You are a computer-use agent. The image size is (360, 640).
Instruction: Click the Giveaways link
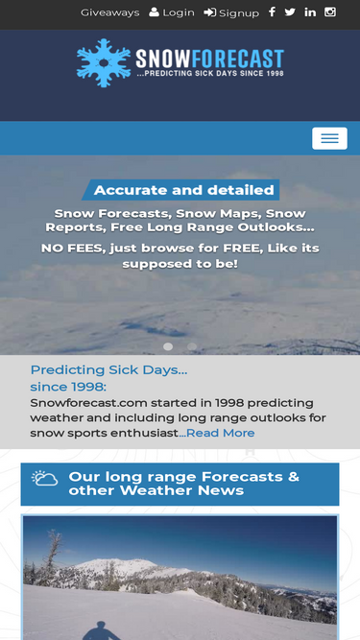point(109,12)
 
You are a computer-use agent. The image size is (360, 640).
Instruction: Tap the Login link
point(172,12)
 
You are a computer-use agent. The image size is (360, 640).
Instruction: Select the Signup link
point(231,13)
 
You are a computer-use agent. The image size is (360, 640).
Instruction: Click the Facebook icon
point(272,12)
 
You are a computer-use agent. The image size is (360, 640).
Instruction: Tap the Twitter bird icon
point(290,12)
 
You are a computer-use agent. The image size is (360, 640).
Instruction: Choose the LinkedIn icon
point(310,12)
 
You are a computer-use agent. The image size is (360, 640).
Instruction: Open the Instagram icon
point(330,12)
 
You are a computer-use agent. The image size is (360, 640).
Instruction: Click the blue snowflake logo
point(104,62)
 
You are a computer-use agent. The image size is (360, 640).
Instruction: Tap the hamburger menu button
point(330,138)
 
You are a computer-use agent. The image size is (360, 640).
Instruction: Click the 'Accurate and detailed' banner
point(180,190)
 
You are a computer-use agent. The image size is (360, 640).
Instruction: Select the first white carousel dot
point(168,346)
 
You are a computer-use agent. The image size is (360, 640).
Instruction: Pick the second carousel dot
point(192,346)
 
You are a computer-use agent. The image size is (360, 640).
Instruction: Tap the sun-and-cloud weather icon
point(44,478)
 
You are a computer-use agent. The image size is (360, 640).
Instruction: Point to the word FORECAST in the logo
point(237,59)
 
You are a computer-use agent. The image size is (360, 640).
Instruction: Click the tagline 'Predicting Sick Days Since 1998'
point(210,74)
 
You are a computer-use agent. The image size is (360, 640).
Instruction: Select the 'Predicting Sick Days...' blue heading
point(109,369)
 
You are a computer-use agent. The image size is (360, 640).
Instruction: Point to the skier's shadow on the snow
point(101,630)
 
